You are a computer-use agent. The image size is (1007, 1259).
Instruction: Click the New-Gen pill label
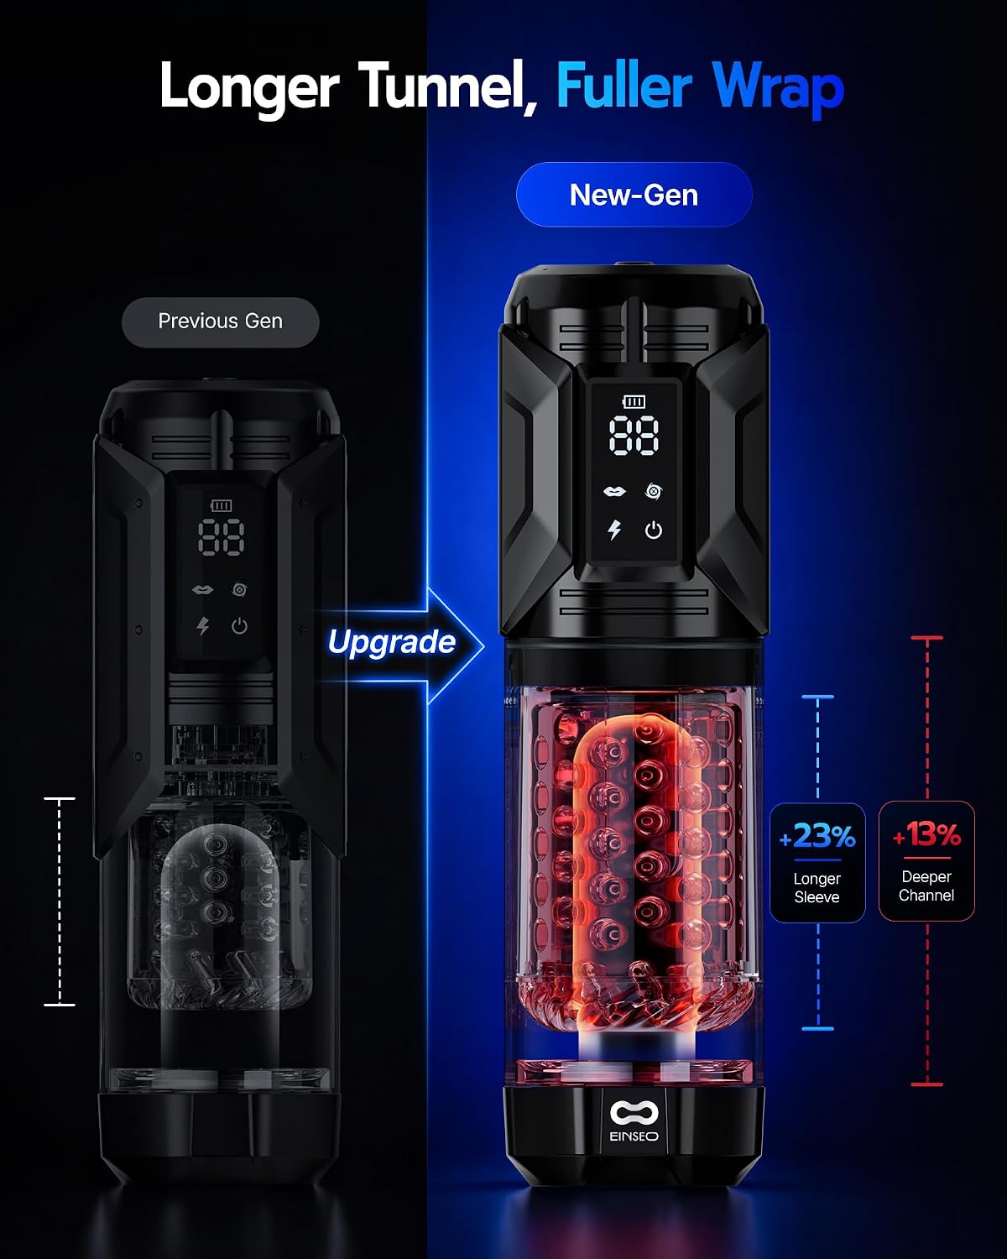pos(634,194)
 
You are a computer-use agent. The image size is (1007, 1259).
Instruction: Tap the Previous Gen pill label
pos(220,321)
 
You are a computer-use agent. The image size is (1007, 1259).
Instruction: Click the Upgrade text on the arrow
pos(391,642)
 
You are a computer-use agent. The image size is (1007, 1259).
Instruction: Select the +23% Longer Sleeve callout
pos(817,863)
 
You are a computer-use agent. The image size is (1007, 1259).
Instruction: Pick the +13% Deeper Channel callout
pos(926,861)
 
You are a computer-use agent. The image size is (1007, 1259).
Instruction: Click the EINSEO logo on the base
pos(634,1121)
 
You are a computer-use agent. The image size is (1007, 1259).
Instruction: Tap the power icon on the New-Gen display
pos(654,530)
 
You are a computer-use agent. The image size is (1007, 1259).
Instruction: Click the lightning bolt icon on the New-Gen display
pos(613,530)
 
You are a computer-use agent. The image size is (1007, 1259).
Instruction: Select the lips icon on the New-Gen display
pos(614,492)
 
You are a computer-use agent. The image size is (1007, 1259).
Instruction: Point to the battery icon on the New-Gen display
pos(634,401)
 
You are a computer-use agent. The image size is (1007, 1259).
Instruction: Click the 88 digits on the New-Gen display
pos(634,436)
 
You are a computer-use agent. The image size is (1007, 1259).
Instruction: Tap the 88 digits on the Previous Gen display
pos(221,536)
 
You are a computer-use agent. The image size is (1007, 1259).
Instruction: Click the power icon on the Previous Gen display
pos(239,627)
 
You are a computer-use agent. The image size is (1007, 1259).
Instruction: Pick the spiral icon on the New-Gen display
pos(654,492)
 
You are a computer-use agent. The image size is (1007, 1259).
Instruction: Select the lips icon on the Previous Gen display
pos(202,590)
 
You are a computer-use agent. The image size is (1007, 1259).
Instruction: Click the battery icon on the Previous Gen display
pos(222,505)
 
